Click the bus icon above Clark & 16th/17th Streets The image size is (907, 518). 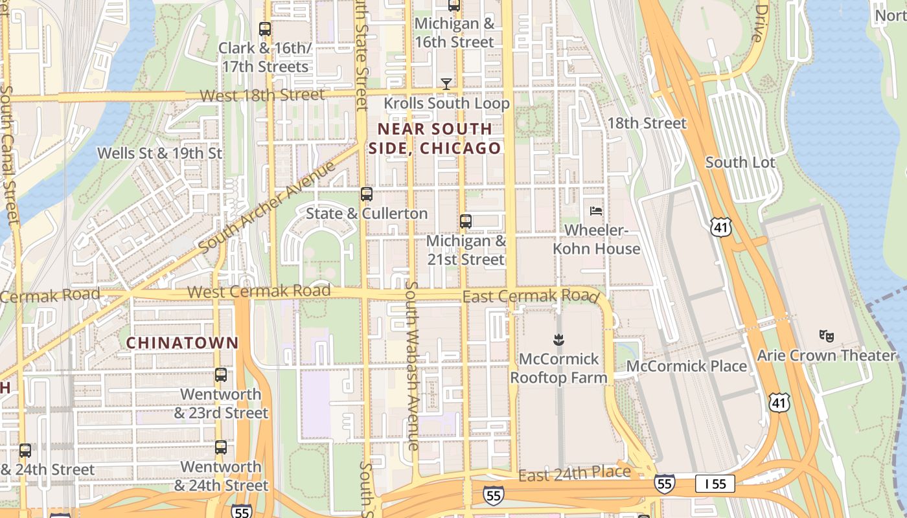tap(264, 29)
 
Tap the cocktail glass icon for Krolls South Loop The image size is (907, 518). tap(446, 84)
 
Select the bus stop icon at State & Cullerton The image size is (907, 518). tap(367, 194)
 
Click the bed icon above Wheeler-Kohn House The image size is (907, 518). tap(596, 211)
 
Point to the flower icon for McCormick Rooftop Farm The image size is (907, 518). tap(558, 339)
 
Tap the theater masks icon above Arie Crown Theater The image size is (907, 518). tap(826, 335)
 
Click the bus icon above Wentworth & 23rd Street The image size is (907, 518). tap(221, 375)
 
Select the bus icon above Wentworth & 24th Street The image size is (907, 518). tap(221, 447)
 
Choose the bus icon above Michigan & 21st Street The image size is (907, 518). tap(465, 221)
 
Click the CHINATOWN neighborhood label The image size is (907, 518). tap(182, 343)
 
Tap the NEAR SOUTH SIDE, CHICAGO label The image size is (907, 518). tap(435, 139)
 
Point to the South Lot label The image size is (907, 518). tap(740, 163)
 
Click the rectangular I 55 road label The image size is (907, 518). tap(715, 484)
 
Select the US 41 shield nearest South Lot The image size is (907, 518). tap(720, 227)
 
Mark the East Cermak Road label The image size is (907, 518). tap(529, 297)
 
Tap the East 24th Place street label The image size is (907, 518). tap(574, 473)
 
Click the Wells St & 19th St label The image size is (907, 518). tap(159, 153)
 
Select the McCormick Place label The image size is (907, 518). tap(687, 366)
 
